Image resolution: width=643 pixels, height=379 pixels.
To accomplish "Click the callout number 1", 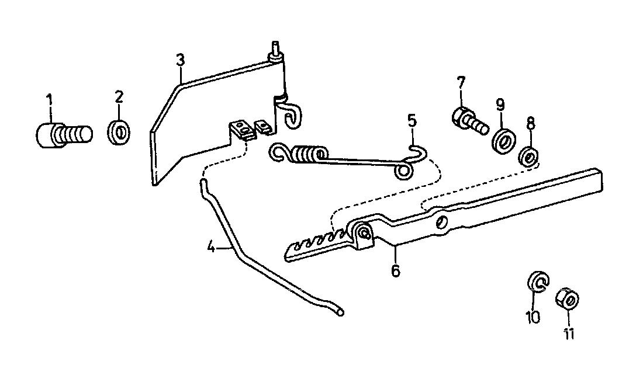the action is click(49, 99).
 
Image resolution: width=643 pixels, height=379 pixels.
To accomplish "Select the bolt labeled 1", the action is click(64, 134).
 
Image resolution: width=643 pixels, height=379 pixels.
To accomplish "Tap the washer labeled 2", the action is click(119, 132).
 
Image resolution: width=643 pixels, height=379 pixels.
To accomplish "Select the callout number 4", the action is click(211, 248).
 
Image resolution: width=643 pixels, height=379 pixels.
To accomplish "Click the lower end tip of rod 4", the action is click(340, 313).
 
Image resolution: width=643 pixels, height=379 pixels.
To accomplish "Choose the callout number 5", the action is click(412, 121).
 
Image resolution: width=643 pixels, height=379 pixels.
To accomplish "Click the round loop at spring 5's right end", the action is click(403, 172).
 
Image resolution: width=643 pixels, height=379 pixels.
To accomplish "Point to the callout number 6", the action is click(395, 271).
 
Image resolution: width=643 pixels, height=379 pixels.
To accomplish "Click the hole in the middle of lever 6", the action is click(441, 222).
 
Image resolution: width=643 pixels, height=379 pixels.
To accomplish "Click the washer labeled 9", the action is click(503, 141).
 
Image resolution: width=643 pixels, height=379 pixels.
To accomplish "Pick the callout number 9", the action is click(500, 105).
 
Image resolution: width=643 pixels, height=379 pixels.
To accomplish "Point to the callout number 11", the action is click(568, 334).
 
